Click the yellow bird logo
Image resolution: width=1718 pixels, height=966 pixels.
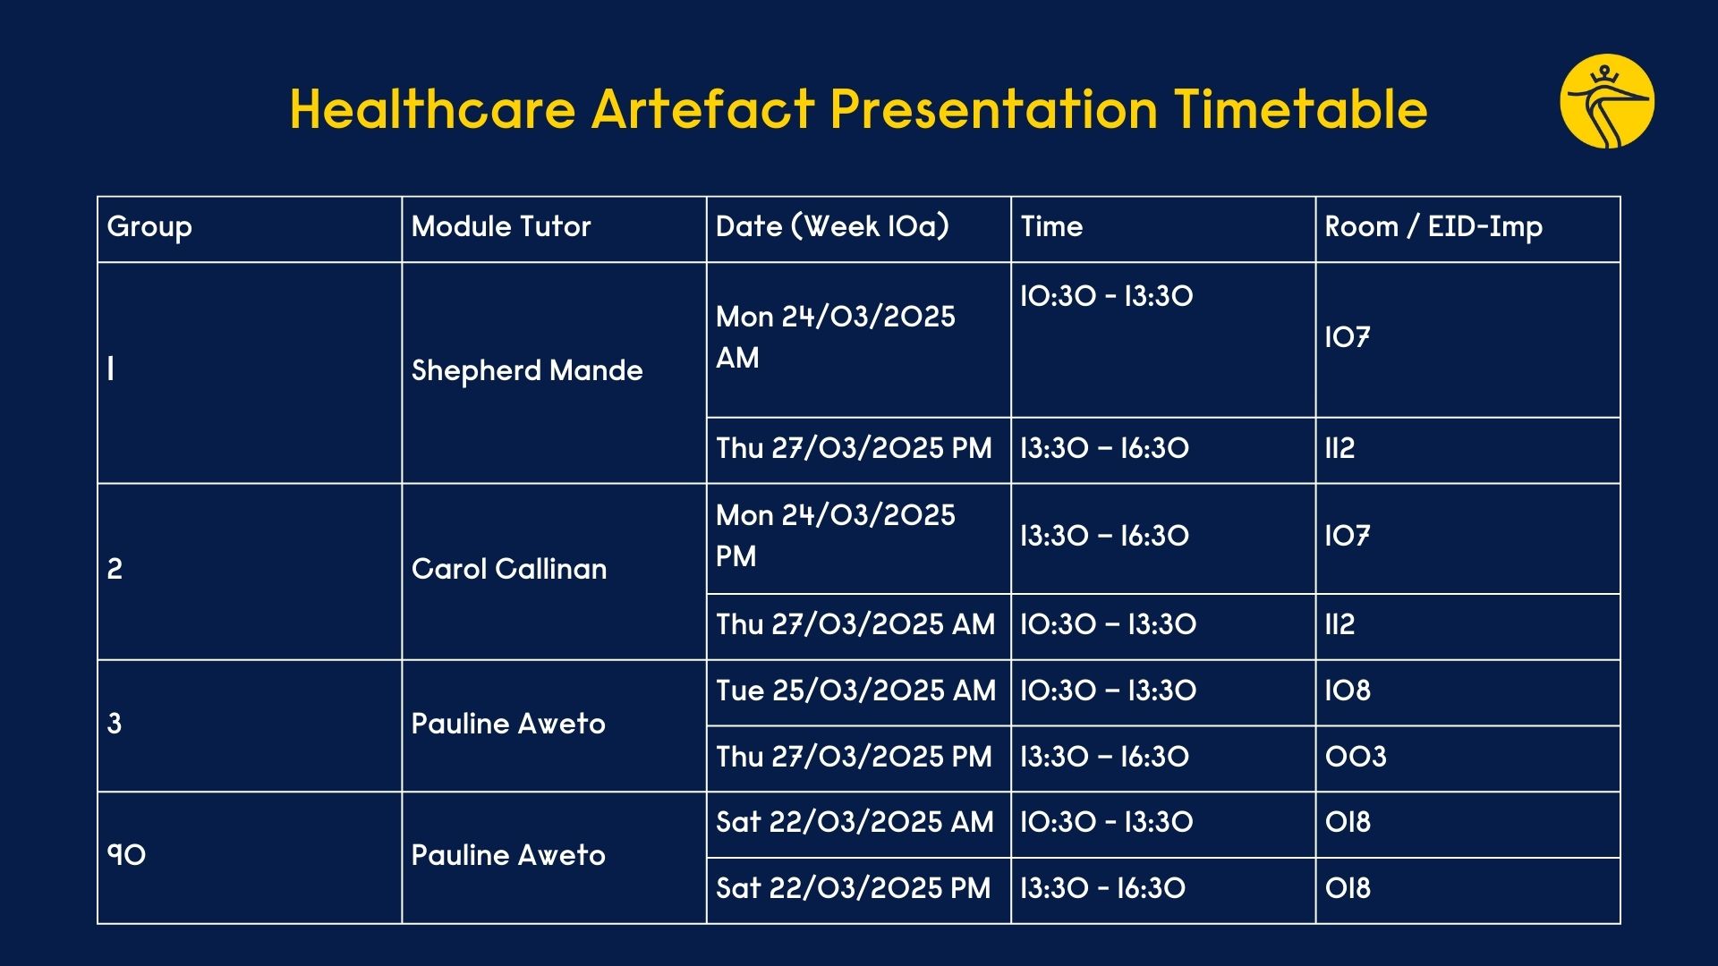[x=1607, y=101]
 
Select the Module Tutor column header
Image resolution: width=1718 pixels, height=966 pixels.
[x=501, y=226]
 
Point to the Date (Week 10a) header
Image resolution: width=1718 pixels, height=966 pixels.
[x=832, y=226]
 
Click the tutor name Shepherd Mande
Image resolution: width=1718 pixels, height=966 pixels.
[x=527, y=370]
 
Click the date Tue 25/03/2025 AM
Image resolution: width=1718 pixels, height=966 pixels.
[x=855, y=691]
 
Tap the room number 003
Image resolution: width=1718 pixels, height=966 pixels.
[x=1356, y=757]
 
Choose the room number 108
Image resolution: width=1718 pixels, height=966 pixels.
[x=1348, y=691]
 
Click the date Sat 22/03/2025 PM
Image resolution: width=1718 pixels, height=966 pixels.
[x=854, y=888]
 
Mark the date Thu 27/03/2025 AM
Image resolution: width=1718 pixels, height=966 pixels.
[x=855, y=624]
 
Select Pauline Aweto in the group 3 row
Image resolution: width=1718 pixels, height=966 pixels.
[x=508, y=724]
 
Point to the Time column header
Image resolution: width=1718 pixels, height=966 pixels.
[x=1051, y=226]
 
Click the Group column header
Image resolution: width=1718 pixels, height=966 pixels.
[x=149, y=227]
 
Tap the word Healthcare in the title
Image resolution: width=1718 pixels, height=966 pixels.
[x=432, y=109]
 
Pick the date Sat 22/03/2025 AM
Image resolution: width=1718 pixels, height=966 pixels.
[x=855, y=822]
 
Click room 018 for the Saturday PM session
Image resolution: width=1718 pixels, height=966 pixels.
[x=1348, y=888]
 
